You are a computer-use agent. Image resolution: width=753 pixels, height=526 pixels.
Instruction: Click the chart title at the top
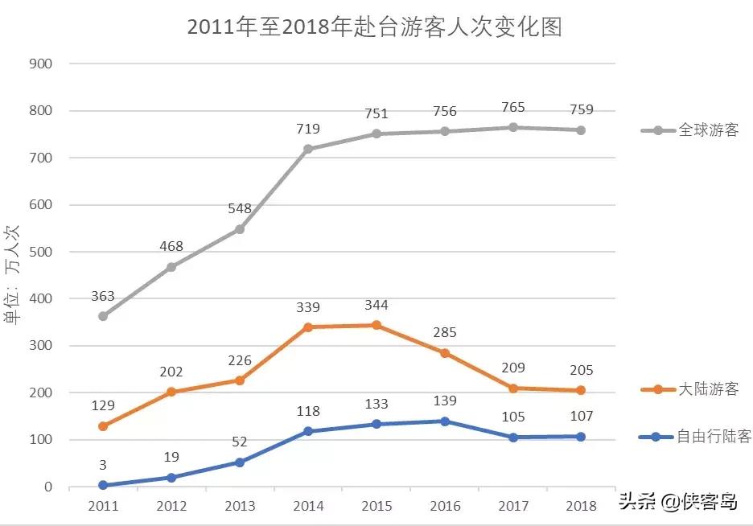point(374,27)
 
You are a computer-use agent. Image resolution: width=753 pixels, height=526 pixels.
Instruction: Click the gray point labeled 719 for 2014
point(308,149)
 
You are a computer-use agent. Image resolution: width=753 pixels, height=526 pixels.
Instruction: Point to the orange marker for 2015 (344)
point(376,325)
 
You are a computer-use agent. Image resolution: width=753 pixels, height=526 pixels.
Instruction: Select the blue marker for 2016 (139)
point(445,421)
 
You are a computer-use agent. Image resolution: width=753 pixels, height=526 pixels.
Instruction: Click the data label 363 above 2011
point(103,296)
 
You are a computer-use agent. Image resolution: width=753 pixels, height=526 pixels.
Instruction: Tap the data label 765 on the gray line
point(513,107)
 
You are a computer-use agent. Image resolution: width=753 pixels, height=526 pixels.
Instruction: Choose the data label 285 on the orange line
point(445,332)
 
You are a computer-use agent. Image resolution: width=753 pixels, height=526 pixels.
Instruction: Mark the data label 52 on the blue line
point(240,442)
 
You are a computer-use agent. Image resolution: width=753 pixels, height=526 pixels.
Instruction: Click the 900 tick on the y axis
point(43,64)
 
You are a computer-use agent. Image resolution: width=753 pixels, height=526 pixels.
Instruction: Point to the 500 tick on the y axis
point(43,252)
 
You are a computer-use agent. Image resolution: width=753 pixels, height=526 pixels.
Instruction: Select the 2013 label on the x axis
point(240,506)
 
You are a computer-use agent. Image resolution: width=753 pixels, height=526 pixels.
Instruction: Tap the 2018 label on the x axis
point(582,506)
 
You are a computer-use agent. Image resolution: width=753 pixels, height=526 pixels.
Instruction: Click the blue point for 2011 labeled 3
point(103,485)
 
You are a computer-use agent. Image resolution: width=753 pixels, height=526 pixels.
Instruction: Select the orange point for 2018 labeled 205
point(582,390)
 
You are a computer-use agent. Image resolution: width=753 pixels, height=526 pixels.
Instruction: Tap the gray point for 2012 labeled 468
point(171,267)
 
